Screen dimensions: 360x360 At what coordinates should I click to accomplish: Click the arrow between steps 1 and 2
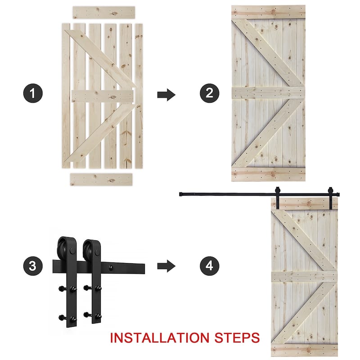coord(166,94)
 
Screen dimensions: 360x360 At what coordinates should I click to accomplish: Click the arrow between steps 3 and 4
coord(166,266)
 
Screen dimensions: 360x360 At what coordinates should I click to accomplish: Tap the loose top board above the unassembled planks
coord(103,12)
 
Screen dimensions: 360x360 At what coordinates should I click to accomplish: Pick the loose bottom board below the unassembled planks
coord(101,179)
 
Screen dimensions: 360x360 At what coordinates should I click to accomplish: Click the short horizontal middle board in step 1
coord(103,96)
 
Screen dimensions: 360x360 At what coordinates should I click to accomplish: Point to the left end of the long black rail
coord(181,194)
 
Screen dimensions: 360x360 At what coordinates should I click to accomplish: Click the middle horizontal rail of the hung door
coord(304,277)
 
